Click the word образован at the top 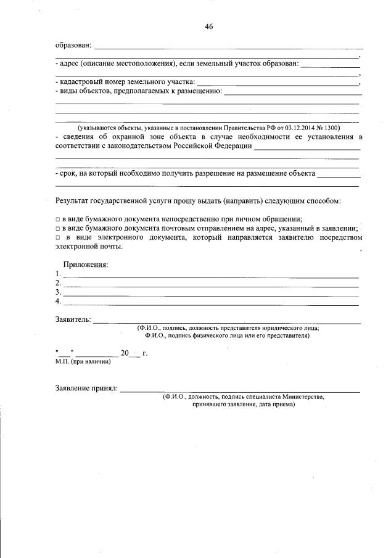73,45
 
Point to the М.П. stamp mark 62,362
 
